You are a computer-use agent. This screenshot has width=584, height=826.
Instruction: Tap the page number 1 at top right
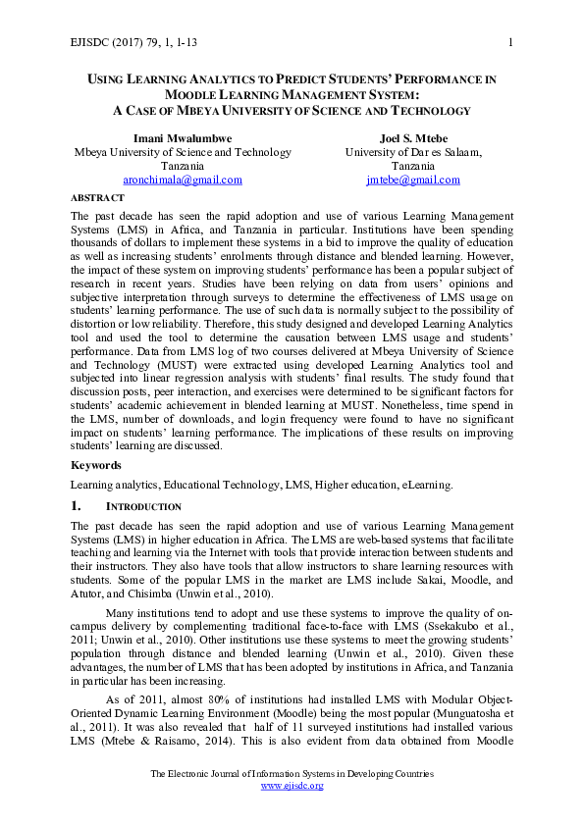pyautogui.click(x=512, y=40)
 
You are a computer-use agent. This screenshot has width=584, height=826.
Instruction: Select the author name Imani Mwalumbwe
pyautogui.click(x=183, y=137)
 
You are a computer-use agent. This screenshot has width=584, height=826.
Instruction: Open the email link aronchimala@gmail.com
pyautogui.click(x=183, y=180)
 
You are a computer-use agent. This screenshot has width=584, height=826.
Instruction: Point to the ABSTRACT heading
pyautogui.click(x=97, y=197)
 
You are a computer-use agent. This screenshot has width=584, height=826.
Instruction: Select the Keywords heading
pyautogui.click(x=95, y=465)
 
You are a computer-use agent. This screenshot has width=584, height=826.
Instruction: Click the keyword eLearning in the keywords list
pyautogui.click(x=422, y=485)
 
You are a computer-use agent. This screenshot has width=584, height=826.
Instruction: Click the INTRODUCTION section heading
pyautogui.click(x=143, y=507)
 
